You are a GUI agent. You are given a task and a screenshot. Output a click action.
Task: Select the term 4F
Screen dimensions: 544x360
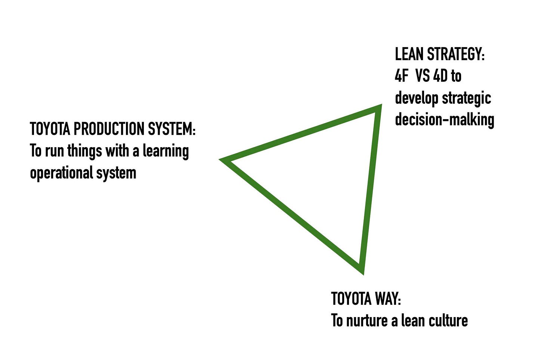point(402,76)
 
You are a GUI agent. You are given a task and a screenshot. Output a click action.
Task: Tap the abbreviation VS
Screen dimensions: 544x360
point(422,76)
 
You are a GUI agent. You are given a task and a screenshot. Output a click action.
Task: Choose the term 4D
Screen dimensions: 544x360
point(441,76)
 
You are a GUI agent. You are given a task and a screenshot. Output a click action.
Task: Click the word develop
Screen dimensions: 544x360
point(417,99)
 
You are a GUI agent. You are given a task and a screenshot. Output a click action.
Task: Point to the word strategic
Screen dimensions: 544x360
point(467,99)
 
